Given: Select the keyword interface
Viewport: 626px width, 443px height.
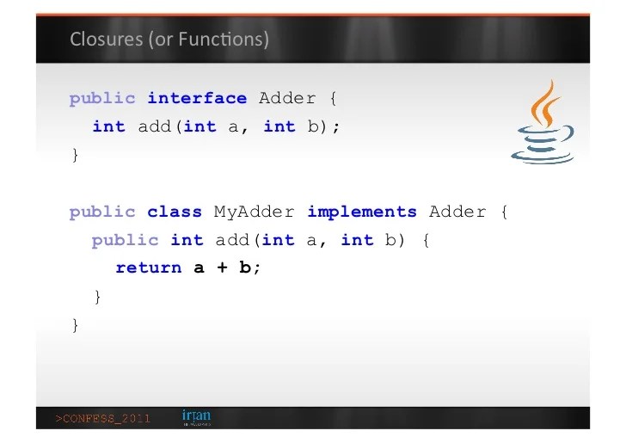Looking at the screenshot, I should (197, 98).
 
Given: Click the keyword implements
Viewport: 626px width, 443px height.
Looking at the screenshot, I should (361, 212).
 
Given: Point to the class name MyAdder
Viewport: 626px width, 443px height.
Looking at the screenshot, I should (255, 212).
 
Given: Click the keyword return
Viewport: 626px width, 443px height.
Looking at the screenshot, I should (149, 268).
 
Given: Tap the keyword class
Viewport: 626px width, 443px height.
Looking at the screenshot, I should (175, 212).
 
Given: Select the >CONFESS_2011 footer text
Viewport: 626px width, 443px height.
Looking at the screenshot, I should (103, 419).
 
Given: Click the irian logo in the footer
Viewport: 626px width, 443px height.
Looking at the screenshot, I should (196, 417).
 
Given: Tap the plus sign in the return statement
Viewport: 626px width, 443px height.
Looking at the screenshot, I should (222, 268).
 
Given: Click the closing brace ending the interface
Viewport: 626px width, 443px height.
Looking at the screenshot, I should (75, 155).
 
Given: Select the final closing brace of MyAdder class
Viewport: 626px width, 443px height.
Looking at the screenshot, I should (75, 324).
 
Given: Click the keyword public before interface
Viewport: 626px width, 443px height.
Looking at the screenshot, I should (102, 98).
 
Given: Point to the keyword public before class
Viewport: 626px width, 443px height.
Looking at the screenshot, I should (102, 212).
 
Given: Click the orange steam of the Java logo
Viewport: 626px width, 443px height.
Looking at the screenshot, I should (543, 103).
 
